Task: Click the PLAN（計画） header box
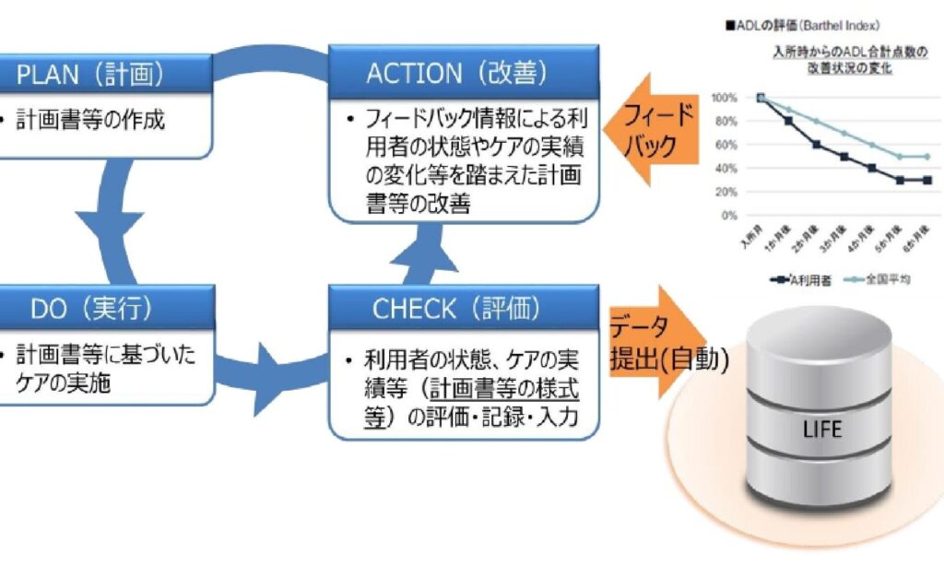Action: pyautogui.click(x=92, y=73)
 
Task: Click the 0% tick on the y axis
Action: pyautogui.click(x=728, y=216)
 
